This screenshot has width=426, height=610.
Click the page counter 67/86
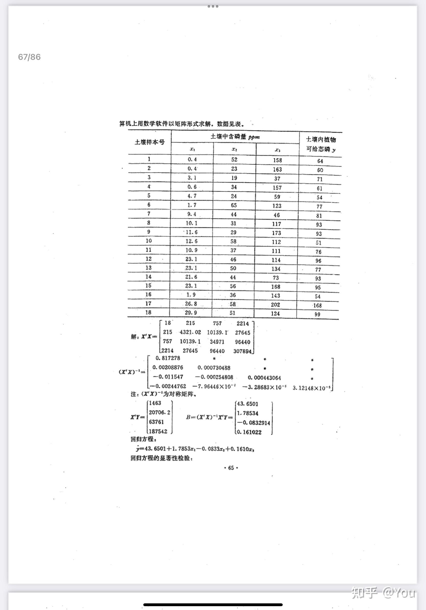pos(29,57)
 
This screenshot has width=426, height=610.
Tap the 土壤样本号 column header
pos(149,142)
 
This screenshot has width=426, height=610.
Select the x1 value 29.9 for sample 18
pos(191,312)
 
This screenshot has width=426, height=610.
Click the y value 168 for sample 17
pos(317,305)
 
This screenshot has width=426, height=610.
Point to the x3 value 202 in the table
pos(275,304)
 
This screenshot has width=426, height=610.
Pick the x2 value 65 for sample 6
pos(234,205)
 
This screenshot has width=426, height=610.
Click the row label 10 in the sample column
pos(149,241)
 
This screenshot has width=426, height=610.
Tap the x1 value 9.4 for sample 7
pos(192,214)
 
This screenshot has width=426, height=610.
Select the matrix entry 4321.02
pos(191,332)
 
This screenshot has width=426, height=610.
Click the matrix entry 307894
pos(242,351)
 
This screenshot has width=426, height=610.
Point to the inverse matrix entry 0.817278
pos(168,358)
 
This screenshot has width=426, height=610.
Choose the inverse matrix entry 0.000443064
pos(264,378)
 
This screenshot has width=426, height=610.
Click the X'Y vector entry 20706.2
pos(160,412)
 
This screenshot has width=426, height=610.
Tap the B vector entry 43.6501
pos(247,404)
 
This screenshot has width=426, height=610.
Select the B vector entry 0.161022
pos(249,432)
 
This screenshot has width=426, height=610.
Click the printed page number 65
pos(231,468)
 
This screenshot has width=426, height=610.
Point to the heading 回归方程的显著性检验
pos(161,458)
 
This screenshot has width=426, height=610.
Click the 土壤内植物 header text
pos(321,139)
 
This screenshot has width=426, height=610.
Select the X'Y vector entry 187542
pos(158,431)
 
